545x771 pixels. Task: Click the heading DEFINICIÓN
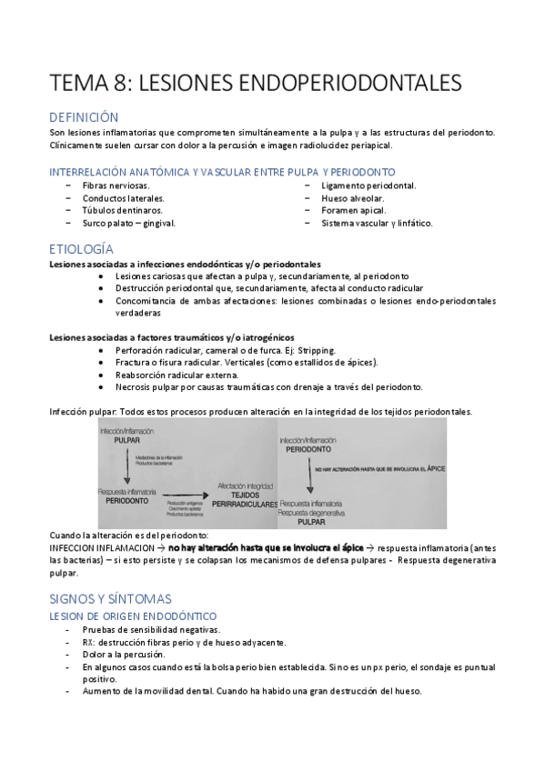tap(85, 117)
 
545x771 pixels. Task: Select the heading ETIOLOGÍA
tap(82, 248)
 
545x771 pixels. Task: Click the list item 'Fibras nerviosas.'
tap(113, 185)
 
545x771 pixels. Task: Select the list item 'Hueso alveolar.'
tap(352, 197)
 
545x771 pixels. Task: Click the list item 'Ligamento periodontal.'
tap(368, 185)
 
